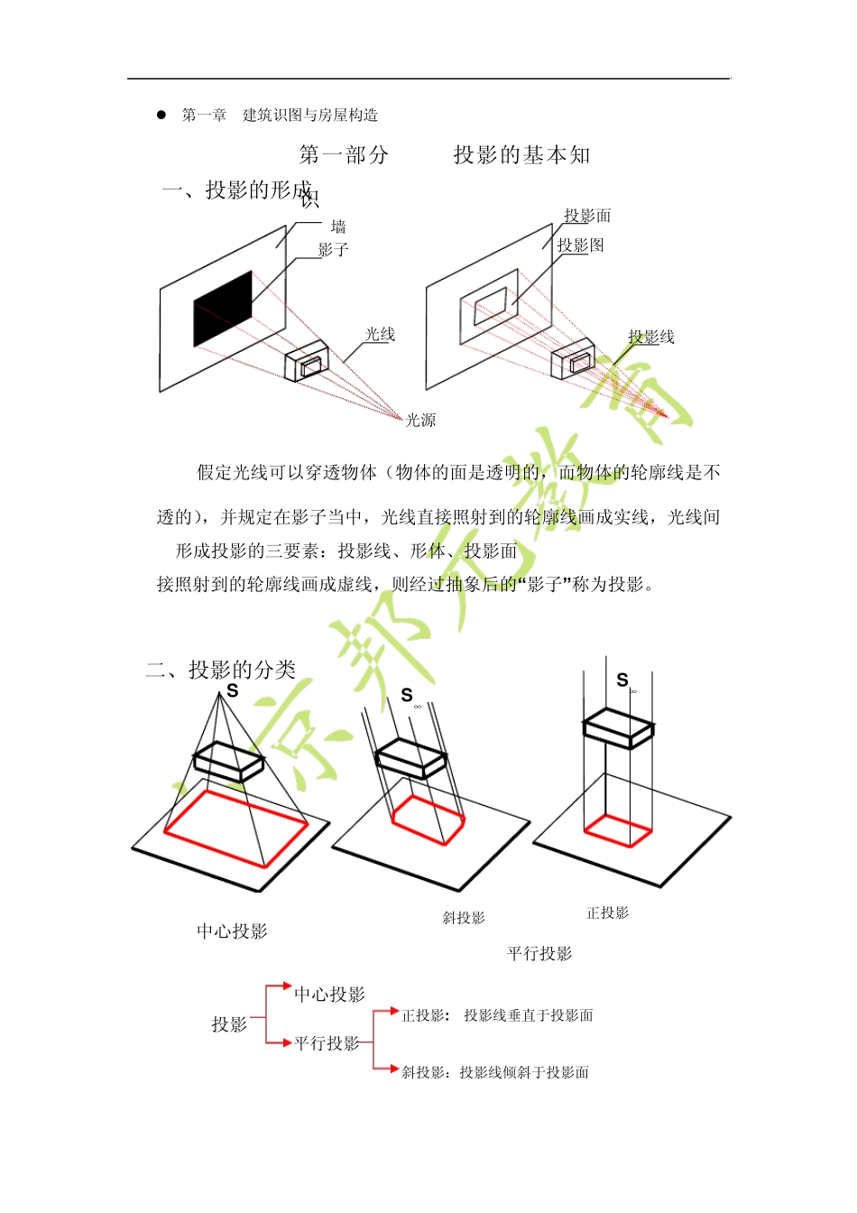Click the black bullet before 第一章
(x=161, y=115)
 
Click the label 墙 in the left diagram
(x=338, y=227)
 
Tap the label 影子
(x=333, y=250)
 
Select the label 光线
(x=380, y=334)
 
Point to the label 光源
(x=420, y=420)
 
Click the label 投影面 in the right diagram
(x=587, y=216)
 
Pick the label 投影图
(x=580, y=245)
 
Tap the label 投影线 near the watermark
(x=651, y=337)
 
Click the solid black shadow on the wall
(x=223, y=309)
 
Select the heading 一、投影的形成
(x=237, y=190)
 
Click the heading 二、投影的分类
(x=221, y=670)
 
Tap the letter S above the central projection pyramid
(x=232, y=691)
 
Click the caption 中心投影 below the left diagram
(x=232, y=931)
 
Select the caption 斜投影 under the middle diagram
(x=464, y=918)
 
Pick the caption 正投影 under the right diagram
(x=607, y=913)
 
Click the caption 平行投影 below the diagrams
(x=539, y=954)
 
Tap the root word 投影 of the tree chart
(x=229, y=1024)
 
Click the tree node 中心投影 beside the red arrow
(x=329, y=995)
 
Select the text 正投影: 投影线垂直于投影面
(x=497, y=1015)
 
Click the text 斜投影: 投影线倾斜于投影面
(x=495, y=1072)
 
